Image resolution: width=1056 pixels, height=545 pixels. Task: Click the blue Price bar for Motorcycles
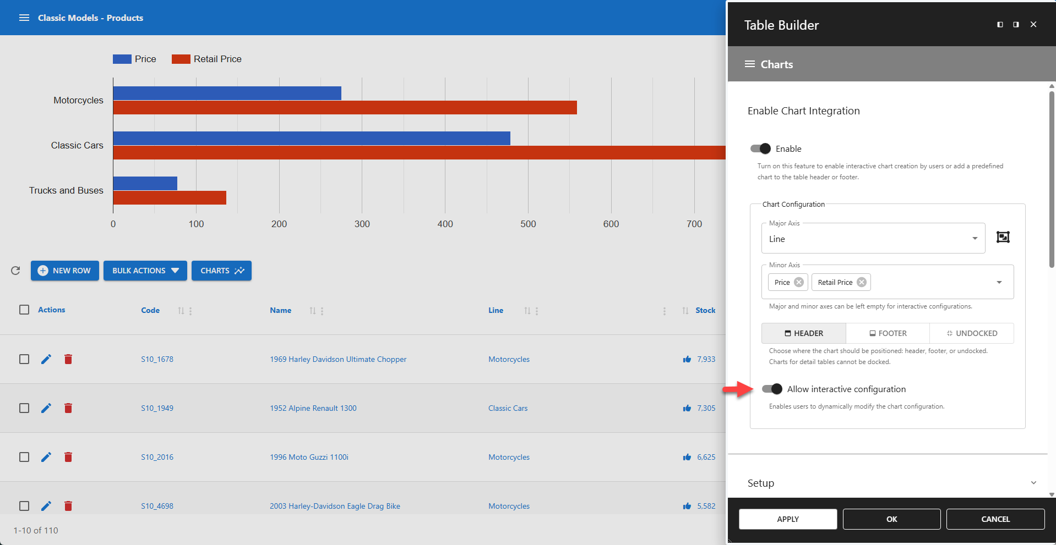coord(227,93)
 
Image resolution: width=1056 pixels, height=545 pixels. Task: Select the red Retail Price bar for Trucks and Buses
coord(170,197)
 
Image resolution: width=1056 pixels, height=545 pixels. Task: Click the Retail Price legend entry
coord(207,59)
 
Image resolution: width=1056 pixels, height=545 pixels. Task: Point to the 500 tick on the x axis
coord(527,224)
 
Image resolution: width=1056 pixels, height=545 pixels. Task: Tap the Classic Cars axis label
coord(77,145)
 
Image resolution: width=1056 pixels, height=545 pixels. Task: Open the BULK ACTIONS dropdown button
coord(145,271)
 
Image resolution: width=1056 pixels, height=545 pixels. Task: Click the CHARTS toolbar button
coord(221,271)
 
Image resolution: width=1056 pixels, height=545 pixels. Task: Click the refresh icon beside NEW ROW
coord(15,271)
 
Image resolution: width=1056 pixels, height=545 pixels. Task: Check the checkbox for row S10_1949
coord(24,408)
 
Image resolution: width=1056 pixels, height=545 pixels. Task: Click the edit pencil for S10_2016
coord(46,457)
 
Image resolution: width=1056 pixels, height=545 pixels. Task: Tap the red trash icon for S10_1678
coord(68,359)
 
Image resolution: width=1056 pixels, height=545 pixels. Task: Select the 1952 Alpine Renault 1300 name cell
coord(313,408)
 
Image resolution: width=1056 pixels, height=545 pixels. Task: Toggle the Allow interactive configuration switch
coord(772,389)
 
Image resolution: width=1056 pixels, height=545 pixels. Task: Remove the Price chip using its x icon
coord(799,282)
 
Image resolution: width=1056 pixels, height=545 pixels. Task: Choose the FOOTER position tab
coord(888,333)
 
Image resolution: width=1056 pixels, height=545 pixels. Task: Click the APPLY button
coord(787,519)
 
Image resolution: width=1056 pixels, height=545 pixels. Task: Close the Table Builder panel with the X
coord(1033,24)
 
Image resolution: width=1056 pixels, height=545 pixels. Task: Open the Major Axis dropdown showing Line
coord(873,239)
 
